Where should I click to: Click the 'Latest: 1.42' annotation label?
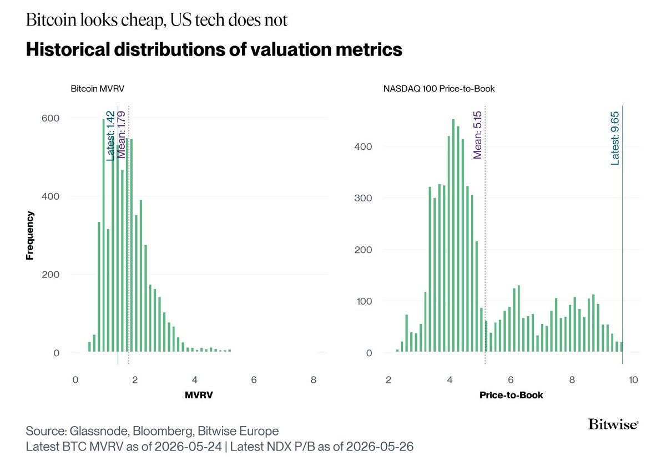point(110,136)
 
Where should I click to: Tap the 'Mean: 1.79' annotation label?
point(122,135)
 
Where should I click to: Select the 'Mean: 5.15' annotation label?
point(477,135)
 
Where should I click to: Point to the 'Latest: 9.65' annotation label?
point(614,138)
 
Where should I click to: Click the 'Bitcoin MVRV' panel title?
point(98,89)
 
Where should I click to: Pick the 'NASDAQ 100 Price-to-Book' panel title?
point(439,89)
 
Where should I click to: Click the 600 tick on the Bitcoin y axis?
point(51,118)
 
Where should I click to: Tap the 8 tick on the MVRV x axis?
point(314,379)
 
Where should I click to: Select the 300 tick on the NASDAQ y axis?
point(363,198)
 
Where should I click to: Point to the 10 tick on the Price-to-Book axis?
point(633,379)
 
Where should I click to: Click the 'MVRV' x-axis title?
point(199,395)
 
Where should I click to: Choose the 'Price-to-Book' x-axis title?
point(511,395)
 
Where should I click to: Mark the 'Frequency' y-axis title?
point(30,235)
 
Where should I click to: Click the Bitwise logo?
point(613,424)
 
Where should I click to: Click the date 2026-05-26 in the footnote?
point(380,447)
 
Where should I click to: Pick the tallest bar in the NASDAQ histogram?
point(453,235)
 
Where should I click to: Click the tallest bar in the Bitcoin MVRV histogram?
point(103,235)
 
